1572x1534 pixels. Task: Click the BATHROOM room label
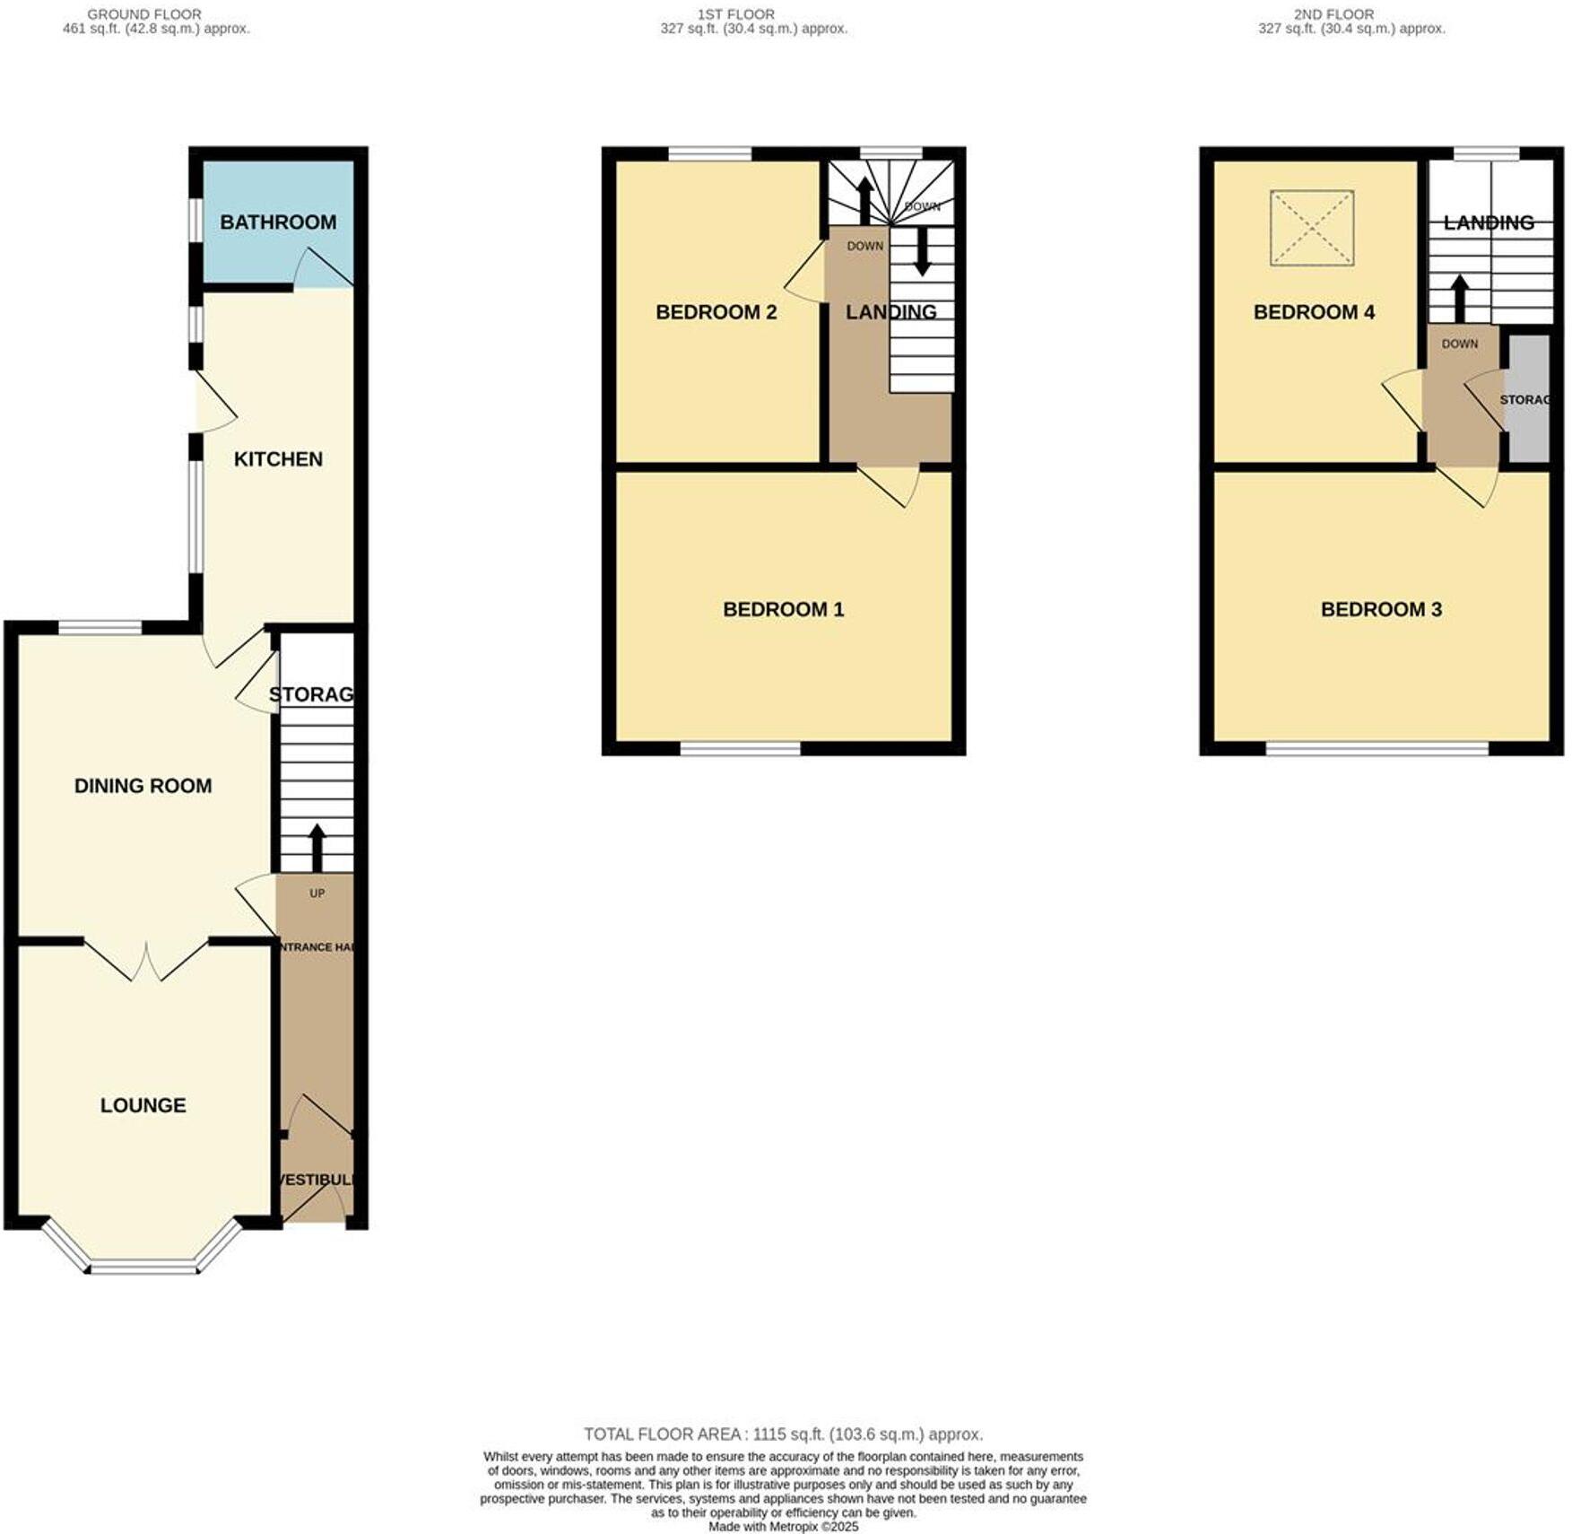pyautogui.click(x=278, y=222)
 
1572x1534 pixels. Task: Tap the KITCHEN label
pyautogui.click(x=278, y=459)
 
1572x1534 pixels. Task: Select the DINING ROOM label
pyautogui.click(x=143, y=786)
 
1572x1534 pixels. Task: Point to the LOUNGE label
pyautogui.click(x=143, y=1105)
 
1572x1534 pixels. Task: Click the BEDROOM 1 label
pyautogui.click(x=783, y=610)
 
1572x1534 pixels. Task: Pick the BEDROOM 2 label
pyautogui.click(x=716, y=312)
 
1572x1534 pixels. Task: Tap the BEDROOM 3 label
pyautogui.click(x=1381, y=610)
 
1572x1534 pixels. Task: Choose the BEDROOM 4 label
pyautogui.click(x=1314, y=312)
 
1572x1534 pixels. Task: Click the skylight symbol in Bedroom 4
pyautogui.click(x=1311, y=228)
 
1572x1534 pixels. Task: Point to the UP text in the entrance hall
pyautogui.click(x=317, y=893)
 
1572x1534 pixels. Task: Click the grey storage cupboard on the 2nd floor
pyautogui.click(x=1529, y=399)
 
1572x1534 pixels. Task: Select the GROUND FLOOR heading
pyautogui.click(x=144, y=14)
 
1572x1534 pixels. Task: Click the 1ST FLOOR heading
pyautogui.click(x=735, y=14)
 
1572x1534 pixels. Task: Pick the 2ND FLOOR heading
pyautogui.click(x=1333, y=14)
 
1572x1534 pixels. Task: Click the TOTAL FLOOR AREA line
pyautogui.click(x=783, y=1434)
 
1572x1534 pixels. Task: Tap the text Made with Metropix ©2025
pyautogui.click(x=783, y=1526)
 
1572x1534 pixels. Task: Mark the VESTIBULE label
pyautogui.click(x=317, y=1180)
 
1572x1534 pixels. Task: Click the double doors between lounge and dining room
pyautogui.click(x=146, y=962)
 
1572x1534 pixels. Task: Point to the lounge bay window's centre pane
pyautogui.click(x=143, y=1267)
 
